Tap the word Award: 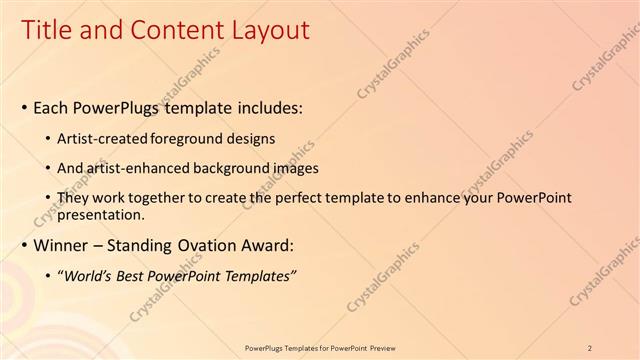coord(268,245)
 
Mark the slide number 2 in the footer coord(591,347)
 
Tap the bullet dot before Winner coord(24,245)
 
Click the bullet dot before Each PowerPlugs coord(24,106)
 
